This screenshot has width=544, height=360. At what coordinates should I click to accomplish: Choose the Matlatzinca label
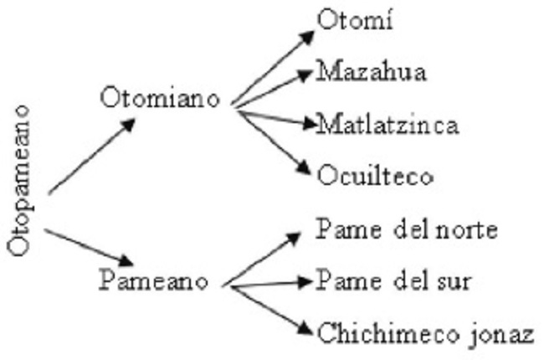click(387, 126)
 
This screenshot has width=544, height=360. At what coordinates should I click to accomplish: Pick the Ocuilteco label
click(375, 177)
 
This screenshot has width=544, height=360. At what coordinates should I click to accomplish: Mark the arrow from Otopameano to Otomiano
click(90, 157)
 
